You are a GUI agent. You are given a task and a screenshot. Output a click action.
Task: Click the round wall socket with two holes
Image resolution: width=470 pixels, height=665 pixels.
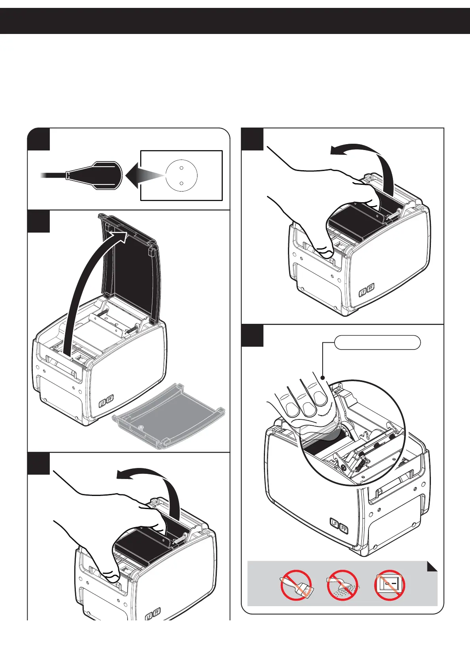tap(181, 175)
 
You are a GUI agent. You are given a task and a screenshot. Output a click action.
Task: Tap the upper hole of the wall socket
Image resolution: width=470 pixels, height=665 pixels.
tap(181, 168)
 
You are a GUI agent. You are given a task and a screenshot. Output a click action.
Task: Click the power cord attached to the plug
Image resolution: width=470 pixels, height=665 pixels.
tap(53, 175)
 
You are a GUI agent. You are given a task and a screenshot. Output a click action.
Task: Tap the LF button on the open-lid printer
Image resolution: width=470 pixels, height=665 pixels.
tap(103, 403)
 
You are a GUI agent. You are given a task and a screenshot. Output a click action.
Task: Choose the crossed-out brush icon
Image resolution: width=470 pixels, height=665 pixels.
tap(296, 585)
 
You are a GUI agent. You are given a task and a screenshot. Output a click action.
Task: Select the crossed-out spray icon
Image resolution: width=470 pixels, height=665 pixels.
tap(342, 585)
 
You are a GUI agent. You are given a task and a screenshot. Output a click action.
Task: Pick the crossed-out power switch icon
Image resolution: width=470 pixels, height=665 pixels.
tap(389, 585)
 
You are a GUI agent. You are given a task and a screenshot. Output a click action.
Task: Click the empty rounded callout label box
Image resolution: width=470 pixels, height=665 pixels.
tap(377, 342)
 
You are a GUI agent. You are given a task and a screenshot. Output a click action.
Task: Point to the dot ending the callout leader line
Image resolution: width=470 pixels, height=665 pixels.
tap(323, 378)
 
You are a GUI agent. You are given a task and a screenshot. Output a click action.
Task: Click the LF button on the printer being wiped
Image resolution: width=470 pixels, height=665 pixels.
tap(335, 524)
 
